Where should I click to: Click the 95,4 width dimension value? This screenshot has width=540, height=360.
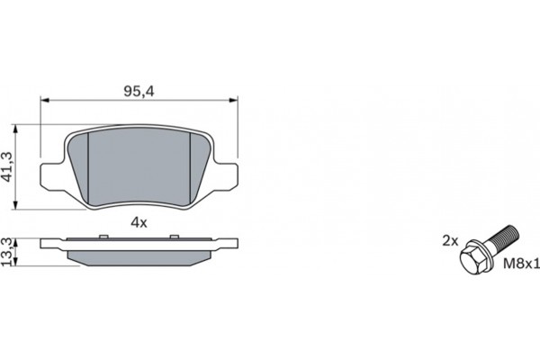click(x=138, y=90)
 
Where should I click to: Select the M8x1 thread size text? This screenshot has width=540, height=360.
click(x=519, y=265)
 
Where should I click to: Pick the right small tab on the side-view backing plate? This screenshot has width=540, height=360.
click(x=172, y=237)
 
